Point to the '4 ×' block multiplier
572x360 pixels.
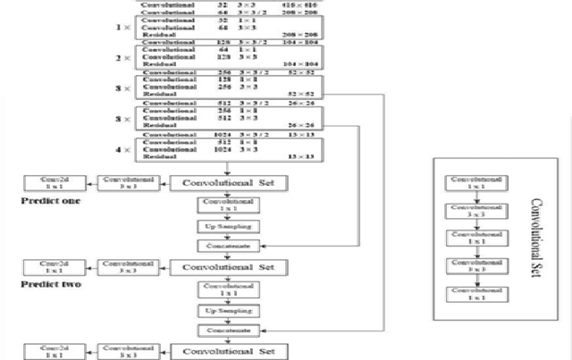pos(123,147)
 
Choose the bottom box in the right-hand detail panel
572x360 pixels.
pos(476,294)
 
